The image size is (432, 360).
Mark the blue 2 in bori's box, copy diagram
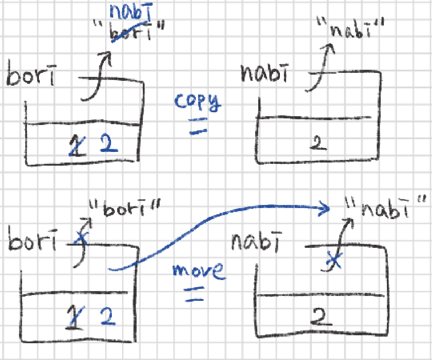(x=108, y=144)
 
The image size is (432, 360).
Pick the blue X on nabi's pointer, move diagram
(x=333, y=261)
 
